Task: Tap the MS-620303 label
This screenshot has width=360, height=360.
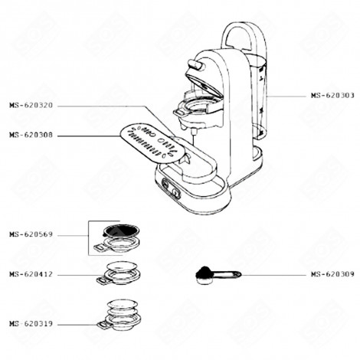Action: (332, 96)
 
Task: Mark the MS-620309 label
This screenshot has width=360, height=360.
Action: (332, 274)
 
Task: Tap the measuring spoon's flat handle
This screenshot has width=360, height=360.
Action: (227, 273)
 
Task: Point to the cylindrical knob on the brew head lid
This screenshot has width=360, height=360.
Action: (198, 67)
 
